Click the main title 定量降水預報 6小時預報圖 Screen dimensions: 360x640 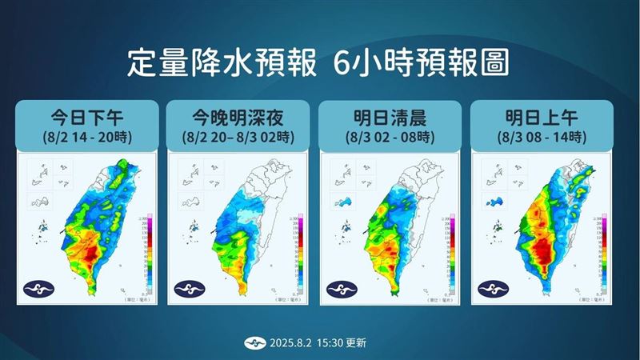pos(319,63)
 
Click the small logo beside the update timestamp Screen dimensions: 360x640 pos(252,342)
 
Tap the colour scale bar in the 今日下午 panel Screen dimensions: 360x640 pos(143,254)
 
